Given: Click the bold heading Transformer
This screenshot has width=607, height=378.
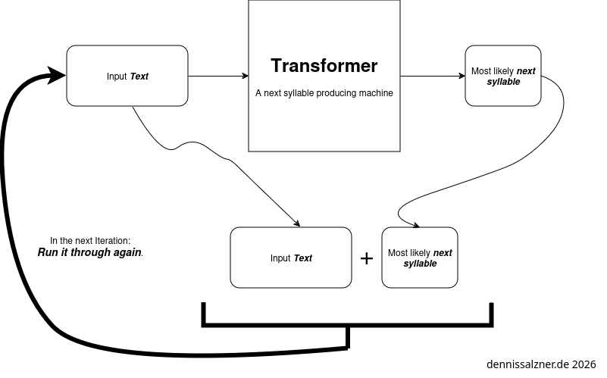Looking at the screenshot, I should (324, 66).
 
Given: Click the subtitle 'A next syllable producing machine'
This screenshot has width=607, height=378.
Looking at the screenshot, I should (324, 93).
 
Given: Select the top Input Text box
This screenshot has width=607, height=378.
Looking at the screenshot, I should (127, 76).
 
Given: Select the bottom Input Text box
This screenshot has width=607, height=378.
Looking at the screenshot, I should (291, 258).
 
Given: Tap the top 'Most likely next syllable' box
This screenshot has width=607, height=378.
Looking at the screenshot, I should (503, 76).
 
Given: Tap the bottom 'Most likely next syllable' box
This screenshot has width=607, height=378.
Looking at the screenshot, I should (420, 258).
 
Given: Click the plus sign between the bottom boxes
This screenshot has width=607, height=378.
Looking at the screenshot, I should (367, 258).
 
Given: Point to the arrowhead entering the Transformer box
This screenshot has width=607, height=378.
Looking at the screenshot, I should (245, 76).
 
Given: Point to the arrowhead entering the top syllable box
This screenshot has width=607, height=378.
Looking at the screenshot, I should (462, 76).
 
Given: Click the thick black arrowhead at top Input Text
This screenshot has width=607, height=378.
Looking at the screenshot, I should (57, 74).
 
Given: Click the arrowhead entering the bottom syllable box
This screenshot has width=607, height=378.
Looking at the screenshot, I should (416, 223).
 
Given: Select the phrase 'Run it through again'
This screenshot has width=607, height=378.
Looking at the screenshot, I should (90, 252).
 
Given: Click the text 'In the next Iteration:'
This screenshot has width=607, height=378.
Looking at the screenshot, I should (90, 240).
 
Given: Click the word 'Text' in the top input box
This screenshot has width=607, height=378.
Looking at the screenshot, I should (139, 77).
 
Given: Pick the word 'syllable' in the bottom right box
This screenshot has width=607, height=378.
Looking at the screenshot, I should (420, 264).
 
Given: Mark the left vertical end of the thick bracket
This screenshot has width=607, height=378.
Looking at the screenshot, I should (203, 314).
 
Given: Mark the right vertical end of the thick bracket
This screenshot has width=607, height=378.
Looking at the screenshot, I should (492, 314).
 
